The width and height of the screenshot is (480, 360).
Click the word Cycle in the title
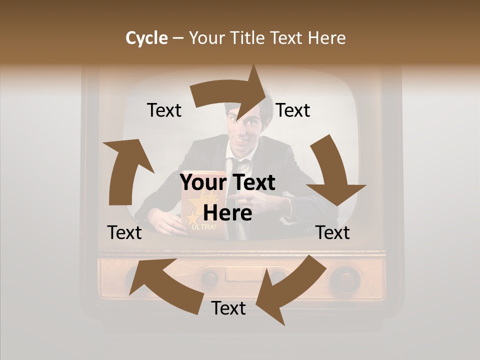point(146,38)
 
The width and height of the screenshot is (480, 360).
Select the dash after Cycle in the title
point(178,38)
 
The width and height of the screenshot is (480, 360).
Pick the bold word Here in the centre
point(227,213)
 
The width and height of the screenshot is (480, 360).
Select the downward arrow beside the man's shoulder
point(334,172)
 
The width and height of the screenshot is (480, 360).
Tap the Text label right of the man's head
point(293,110)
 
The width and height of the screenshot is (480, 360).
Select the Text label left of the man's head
point(164,110)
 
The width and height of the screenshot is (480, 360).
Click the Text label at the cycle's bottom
point(228,308)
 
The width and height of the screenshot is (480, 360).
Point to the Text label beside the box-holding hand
point(124,232)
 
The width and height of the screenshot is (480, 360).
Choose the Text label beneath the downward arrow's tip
point(333,232)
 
